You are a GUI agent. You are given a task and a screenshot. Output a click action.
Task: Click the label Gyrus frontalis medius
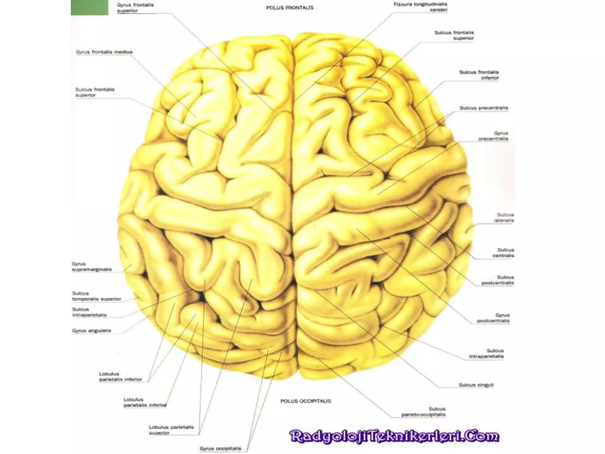[104, 52]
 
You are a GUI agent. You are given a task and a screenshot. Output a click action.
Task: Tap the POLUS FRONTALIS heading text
[290, 8]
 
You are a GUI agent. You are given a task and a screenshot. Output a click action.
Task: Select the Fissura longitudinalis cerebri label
[420, 7]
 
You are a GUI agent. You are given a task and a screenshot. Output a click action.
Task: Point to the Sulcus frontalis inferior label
[479, 75]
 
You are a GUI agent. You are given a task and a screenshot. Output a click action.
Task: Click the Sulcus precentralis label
[484, 108]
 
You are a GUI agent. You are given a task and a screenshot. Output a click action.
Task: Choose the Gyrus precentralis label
[494, 136]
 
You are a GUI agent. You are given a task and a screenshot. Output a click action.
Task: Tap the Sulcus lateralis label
[504, 218]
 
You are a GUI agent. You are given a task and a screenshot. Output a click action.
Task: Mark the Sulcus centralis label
[503, 253]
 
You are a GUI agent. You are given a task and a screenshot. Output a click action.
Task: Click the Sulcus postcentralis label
[498, 280]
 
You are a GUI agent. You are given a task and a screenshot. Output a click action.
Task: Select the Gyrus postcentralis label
[494, 318]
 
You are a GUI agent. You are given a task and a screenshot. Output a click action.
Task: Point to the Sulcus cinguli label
[476, 385]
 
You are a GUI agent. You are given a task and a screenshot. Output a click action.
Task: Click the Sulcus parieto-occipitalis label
[423, 412]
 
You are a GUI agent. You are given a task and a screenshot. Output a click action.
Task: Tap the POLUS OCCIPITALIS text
[306, 401]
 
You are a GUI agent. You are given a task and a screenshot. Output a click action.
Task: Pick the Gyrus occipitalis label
[220, 448]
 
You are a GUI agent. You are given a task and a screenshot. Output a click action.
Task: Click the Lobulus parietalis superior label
[171, 430]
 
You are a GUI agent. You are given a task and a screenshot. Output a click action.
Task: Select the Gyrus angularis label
[92, 330]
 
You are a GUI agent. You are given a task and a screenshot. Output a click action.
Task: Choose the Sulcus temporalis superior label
[97, 296]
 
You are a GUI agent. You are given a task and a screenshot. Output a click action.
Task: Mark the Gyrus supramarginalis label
[92, 267]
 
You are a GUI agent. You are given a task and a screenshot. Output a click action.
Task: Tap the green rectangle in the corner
[90, 7]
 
